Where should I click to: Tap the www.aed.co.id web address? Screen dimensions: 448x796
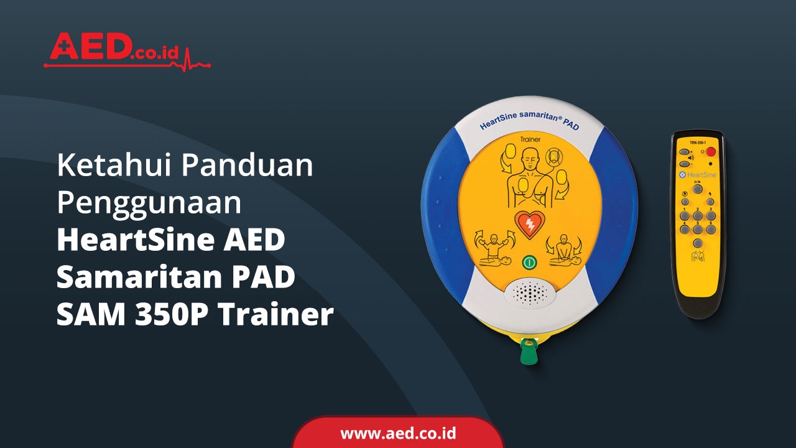(398, 433)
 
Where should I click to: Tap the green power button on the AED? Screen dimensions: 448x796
(529, 263)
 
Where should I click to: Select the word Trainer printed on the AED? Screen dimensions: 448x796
(529, 139)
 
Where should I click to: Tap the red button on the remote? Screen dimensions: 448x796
(710, 151)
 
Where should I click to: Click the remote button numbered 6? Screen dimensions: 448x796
(710, 229)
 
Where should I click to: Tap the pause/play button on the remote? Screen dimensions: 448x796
(697, 189)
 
